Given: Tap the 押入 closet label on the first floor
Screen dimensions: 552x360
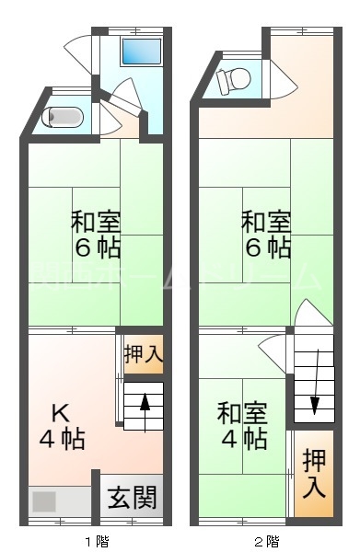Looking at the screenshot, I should pyautogui.click(x=143, y=353).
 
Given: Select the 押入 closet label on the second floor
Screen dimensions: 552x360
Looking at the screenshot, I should pyautogui.click(x=314, y=473).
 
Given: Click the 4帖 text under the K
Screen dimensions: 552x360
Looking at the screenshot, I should pyautogui.click(x=62, y=439).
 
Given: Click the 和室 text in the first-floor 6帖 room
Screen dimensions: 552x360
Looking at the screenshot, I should pyautogui.click(x=97, y=223).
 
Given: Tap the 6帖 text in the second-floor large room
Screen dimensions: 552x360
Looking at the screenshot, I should pyautogui.click(x=267, y=247).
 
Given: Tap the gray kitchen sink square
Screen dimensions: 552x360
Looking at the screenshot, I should pyautogui.click(x=44, y=502).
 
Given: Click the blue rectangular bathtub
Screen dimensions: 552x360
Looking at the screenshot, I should pyautogui.click(x=142, y=52).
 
